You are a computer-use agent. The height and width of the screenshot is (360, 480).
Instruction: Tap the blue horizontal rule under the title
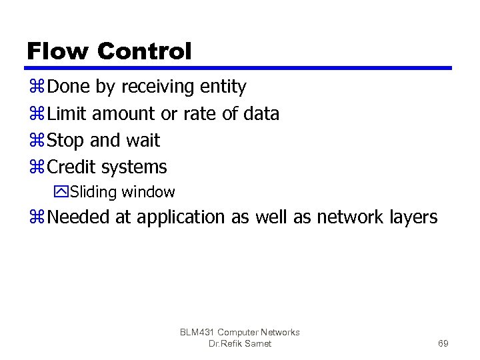[239, 68]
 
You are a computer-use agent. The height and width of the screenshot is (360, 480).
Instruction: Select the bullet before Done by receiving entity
[36, 87]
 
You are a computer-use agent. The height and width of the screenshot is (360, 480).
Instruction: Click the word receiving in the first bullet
[164, 87]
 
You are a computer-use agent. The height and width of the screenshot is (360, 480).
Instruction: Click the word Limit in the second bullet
[67, 114]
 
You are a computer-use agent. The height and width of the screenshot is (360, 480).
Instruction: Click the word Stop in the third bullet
[65, 141]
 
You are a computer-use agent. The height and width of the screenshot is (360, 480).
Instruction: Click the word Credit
[73, 166]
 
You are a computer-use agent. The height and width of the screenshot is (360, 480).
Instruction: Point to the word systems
[135, 167]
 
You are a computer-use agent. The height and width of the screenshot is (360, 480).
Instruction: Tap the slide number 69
[443, 344]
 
